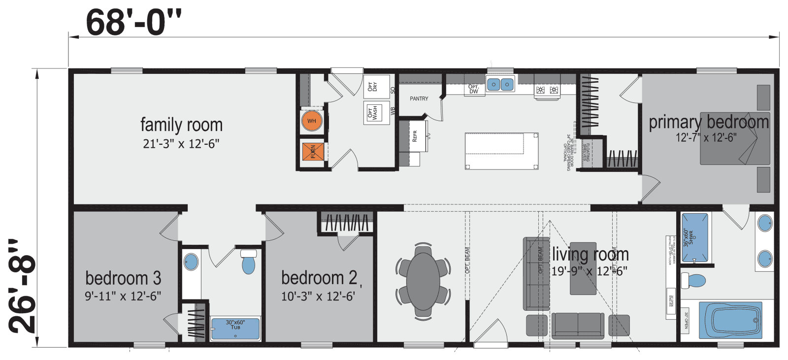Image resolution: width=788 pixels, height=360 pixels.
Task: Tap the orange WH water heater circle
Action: click(311, 121)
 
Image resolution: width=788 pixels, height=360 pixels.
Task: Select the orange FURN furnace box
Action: click(313, 152)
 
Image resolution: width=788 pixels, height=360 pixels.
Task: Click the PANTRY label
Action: click(419, 98)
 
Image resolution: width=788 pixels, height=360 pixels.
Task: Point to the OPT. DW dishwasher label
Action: click(473, 89)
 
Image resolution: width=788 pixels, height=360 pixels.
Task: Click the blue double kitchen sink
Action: click(500, 85)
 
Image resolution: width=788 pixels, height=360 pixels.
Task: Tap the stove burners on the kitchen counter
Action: click(547, 90)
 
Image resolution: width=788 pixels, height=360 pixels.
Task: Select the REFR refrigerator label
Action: click(414, 136)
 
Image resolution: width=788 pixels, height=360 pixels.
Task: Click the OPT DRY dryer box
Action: click(376, 87)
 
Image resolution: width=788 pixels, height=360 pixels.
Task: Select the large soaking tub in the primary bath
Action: click(730, 320)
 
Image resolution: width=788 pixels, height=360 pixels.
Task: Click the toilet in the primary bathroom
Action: click(694, 281)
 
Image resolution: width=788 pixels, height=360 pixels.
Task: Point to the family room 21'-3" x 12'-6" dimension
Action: click(181, 144)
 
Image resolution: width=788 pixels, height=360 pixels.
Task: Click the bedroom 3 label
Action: click(123, 278)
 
